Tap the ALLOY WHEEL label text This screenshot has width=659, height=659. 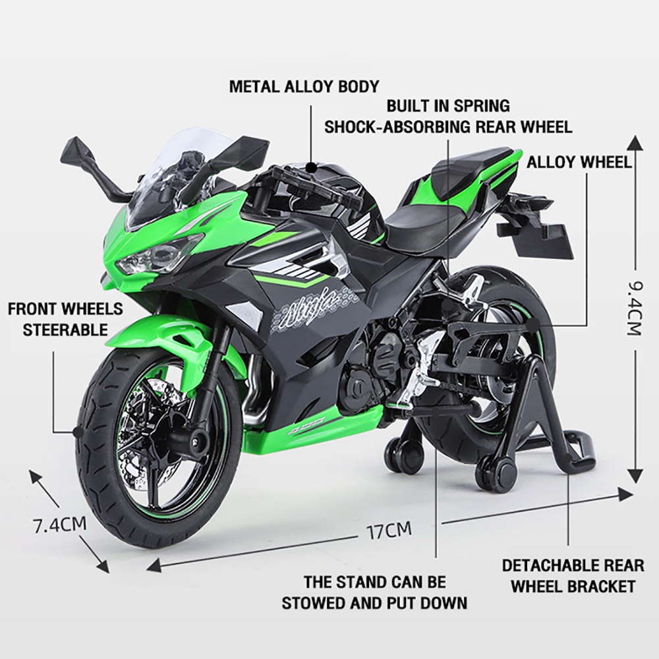pyautogui.click(x=579, y=161)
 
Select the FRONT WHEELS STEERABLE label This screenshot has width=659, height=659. pyautogui.click(x=65, y=319)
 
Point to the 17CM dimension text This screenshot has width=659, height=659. pyautogui.click(x=389, y=530)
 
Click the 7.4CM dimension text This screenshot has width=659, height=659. pyautogui.click(x=60, y=525)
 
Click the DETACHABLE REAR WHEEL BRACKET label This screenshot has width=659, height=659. pyautogui.click(x=573, y=575)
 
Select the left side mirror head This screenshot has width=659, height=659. pyautogui.click(x=77, y=148)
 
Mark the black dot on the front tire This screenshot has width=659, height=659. pyautogui.click(x=77, y=432)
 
